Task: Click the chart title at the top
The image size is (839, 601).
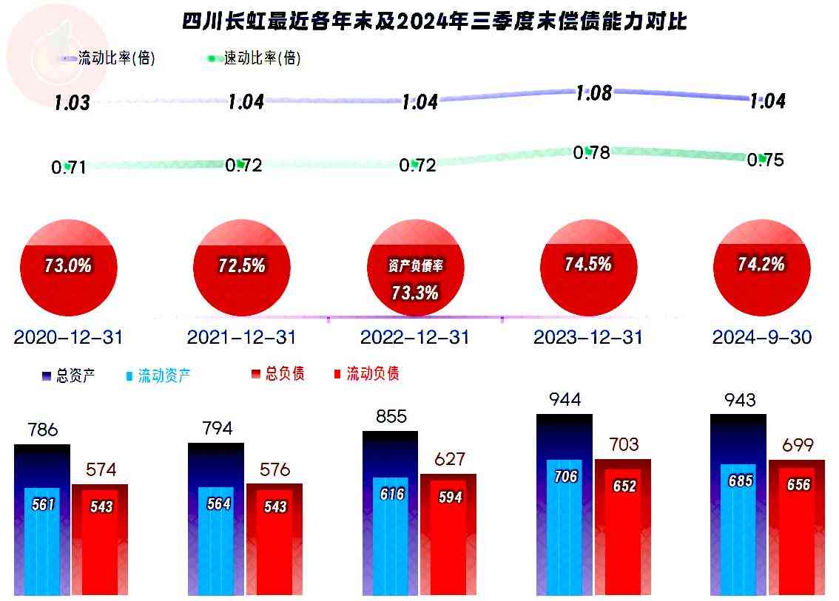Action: (x=434, y=21)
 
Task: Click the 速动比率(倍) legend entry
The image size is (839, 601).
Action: (x=255, y=58)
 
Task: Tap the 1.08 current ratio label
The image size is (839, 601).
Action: (x=594, y=93)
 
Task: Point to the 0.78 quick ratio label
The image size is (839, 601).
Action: (x=592, y=153)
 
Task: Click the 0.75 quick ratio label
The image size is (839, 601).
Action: (x=766, y=160)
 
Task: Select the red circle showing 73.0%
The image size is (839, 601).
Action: (x=68, y=268)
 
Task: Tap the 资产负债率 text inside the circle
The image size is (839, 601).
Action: (x=415, y=267)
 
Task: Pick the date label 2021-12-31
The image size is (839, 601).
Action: (x=241, y=338)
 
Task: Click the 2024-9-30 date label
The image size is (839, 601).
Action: (x=762, y=338)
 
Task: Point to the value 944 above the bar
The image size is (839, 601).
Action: (x=565, y=400)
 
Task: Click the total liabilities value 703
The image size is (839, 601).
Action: (x=624, y=444)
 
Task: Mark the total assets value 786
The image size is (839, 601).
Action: (x=42, y=429)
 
